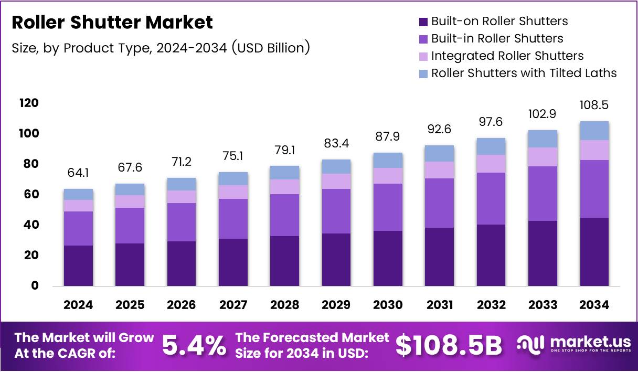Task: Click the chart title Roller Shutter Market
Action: tap(112, 23)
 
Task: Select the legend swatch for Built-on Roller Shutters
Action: tap(423, 22)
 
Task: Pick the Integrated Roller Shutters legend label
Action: tap(507, 56)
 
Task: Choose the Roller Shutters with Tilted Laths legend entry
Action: tap(524, 73)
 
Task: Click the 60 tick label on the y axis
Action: tap(30, 194)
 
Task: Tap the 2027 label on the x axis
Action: tap(233, 305)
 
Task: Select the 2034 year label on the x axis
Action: tap(594, 305)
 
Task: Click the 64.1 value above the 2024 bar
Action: tap(78, 173)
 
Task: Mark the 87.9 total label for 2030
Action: tap(388, 136)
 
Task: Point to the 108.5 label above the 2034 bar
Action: tap(594, 105)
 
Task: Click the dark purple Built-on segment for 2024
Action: tap(78, 265)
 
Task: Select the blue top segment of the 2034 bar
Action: tap(594, 131)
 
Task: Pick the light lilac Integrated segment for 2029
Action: tap(336, 181)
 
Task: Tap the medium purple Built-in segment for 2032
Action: tap(491, 198)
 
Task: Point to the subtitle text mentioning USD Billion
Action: tap(161, 48)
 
